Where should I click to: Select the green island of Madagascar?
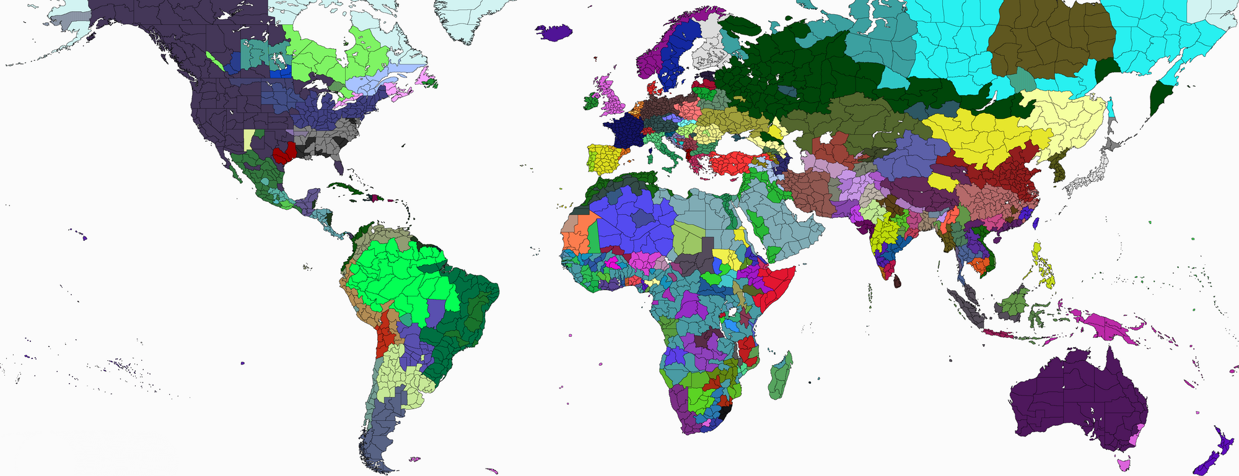click(x=780, y=378)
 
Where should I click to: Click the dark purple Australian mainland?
click(x=1078, y=402)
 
